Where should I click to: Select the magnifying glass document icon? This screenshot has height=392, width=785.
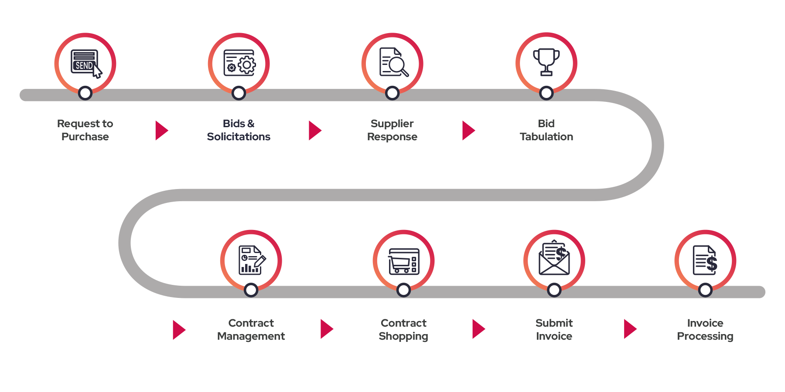(393, 62)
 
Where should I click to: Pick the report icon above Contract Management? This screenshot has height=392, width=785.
(251, 260)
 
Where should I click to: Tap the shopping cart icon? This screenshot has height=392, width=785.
(404, 261)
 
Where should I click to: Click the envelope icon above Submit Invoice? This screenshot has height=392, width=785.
(554, 259)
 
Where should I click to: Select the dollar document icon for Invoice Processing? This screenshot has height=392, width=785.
(705, 260)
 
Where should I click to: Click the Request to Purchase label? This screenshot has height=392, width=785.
(85, 130)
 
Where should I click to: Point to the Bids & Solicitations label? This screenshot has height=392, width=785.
(239, 130)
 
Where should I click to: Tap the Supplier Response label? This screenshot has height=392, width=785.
(392, 130)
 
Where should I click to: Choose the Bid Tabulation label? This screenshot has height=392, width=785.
(546, 130)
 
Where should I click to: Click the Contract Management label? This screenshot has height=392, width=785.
(251, 329)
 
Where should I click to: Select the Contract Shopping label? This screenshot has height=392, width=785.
(404, 329)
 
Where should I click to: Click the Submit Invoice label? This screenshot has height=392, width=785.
(554, 329)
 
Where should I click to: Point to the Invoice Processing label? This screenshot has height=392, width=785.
(705, 329)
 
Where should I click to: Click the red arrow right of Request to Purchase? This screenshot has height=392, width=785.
(161, 130)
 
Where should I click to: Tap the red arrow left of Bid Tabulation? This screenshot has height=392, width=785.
(468, 130)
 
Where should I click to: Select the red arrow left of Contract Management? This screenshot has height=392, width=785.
(178, 330)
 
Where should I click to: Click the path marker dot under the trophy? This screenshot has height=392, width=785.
(546, 93)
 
